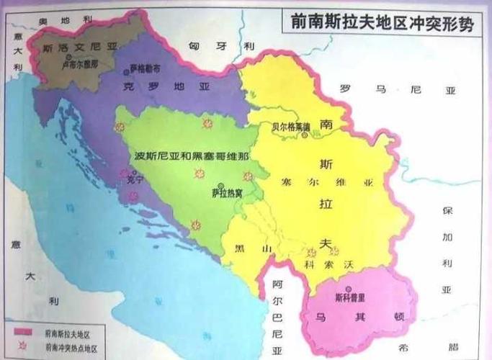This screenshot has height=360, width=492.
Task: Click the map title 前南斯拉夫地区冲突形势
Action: (x=383, y=21)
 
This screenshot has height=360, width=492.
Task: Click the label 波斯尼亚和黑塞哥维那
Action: (x=192, y=156)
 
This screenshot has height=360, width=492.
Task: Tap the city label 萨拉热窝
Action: (x=227, y=193)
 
